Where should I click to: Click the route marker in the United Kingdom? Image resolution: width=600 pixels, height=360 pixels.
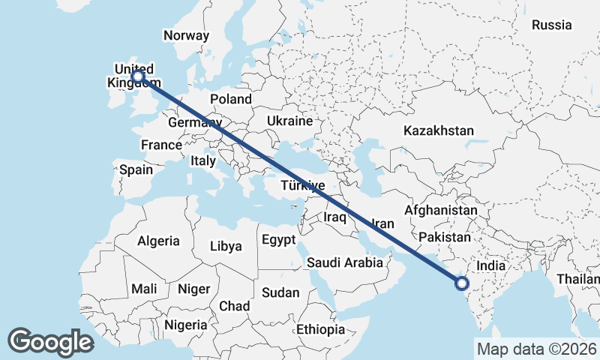pyautogui.click(x=138, y=76)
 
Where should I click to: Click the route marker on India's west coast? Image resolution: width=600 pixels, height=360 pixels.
pyautogui.click(x=461, y=283)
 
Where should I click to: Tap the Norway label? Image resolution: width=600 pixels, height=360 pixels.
pyautogui.click(x=185, y=35)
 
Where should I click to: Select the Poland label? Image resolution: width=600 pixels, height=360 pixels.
pyautogui.click(x=231, y=99)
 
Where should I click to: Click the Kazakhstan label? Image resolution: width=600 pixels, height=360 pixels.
pyautogui.click(x=439, y=130)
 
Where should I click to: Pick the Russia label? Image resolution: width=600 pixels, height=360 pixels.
pyautogui.click(x=551, y=25)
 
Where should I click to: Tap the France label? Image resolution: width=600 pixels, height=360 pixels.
pyautogui.click(x=162, y=145)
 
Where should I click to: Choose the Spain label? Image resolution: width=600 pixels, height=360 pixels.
pyautogui.click(x=136, y=169)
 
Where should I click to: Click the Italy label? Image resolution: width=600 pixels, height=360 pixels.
pyautogui.click(x=203, y=160)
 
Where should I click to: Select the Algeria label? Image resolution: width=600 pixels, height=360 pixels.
pyautogui.click(x=158, y=241)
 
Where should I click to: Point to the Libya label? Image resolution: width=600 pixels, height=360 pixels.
pyautogui.click(x=226, y=246)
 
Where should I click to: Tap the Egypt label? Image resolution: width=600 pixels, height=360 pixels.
pyautogui.click(x=278, y=241)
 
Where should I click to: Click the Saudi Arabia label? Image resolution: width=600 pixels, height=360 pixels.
pyautogui.click(x=345, y=262)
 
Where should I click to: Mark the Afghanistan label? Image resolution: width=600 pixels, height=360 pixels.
pyautogui.click(x=440, y=211)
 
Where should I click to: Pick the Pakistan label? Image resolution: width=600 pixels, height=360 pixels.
pyautogui.click(x=444, y=237)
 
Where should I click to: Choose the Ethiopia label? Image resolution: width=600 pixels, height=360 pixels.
pyautogui.click(x=320, y=329)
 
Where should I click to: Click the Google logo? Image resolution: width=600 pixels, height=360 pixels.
pyautogui.click(x=50, y=342)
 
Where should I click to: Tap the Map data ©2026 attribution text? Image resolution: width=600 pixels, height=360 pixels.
pyautogui.click(x=537, y=349)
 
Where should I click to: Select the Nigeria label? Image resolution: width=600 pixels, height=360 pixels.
pyautogui.click(x=184, y=325)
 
